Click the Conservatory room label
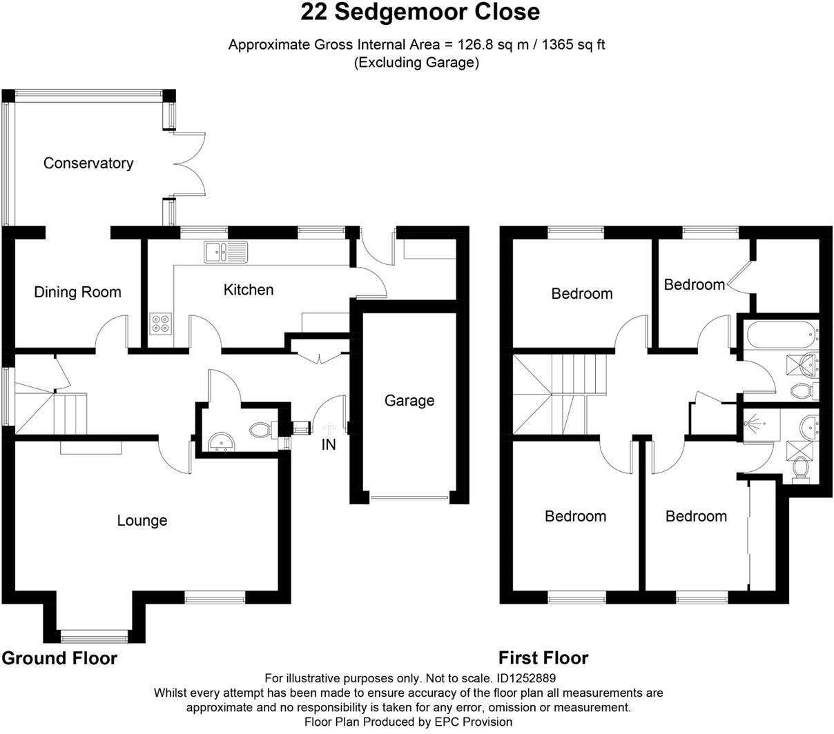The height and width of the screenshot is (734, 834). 88,163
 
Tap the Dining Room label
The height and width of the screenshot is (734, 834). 77,292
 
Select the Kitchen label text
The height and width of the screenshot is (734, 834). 249,290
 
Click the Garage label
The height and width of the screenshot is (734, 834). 409,401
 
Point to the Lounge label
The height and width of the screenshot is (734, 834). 142,521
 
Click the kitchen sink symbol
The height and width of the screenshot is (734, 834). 226,252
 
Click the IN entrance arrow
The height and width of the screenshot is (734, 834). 329,432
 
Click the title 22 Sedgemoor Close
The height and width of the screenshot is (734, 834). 420,12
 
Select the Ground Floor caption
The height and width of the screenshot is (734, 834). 59,658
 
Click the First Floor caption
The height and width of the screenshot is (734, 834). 543,658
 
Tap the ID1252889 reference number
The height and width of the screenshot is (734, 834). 526,679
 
